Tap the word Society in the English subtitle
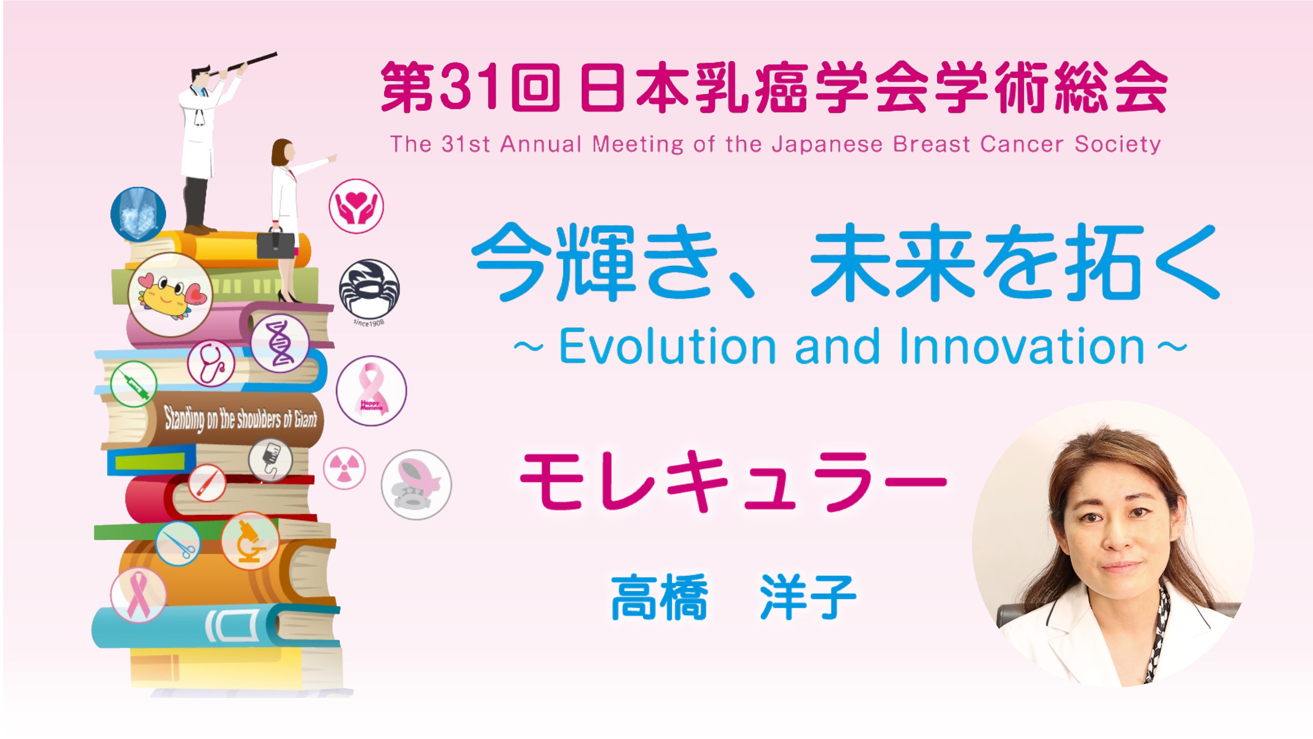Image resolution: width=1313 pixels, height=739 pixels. point(1118,144)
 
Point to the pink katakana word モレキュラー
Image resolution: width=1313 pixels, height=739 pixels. point(733,480)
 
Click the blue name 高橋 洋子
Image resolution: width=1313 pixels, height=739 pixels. point(733,597)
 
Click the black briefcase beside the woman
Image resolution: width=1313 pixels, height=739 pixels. point(276,245)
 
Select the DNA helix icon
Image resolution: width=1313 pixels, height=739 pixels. point(280,343)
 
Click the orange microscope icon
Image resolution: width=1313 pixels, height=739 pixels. point(250,541)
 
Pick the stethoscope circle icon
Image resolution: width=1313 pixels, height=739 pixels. point(211,363)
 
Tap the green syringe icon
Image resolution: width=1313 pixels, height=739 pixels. point(133,384)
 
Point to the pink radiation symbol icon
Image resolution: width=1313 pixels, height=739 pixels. point(344,468)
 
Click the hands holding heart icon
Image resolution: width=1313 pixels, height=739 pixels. point(356,206)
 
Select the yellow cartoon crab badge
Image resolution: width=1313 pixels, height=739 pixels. point(170,295)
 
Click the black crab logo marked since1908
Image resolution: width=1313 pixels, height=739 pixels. point(369,289)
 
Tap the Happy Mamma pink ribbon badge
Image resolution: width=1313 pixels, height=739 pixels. point(371,391)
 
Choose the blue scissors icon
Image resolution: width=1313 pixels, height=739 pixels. point(178,543)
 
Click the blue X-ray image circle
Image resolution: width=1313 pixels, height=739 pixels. point(138,214)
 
